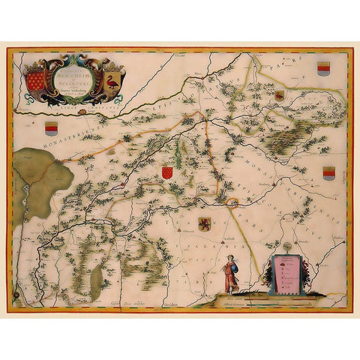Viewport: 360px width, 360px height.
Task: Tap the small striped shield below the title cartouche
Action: [x=52, y=127]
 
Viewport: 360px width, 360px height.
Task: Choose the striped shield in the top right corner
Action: [x=323, y=68]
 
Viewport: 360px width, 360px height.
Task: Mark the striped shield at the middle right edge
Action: [x=328, y=173]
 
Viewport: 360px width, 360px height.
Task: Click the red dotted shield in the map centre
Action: [x=168, y=172]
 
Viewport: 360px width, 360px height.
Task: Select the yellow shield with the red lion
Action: [x=204, y=223]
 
